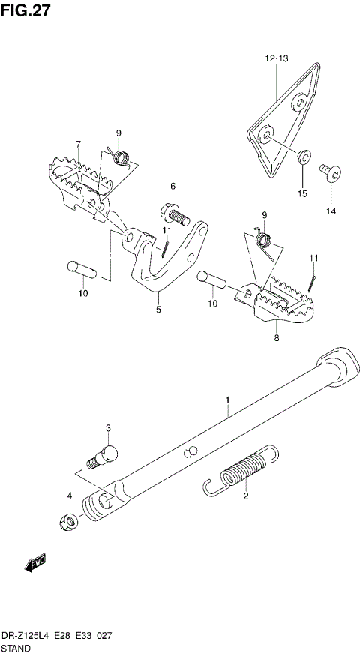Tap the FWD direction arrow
pos(34,562)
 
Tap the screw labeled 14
pos(331,174)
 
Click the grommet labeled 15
pos(304,157)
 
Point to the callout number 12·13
pos(275,58)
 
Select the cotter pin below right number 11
pos(313,283)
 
